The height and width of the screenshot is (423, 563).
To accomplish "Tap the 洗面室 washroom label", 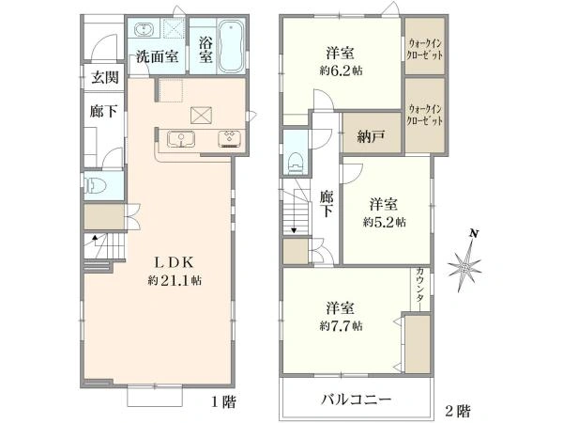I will [157, 55].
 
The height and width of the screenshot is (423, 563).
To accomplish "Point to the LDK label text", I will [174, 263].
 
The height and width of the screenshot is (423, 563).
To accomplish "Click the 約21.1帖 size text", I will [174, 280].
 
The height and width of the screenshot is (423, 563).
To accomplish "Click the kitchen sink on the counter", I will [180, 140].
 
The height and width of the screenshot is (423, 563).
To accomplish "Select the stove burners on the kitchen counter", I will [230, 140].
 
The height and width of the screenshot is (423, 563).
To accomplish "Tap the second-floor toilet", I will [296, 161].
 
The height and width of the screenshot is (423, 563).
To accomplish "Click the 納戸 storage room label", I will [372, 137].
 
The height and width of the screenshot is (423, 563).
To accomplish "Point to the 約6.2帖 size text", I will [340, 70].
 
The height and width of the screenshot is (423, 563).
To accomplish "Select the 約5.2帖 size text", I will [385, 222].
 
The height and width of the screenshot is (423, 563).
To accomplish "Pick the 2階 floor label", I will [459, 410].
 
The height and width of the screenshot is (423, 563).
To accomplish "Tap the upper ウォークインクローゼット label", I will [425, 48].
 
